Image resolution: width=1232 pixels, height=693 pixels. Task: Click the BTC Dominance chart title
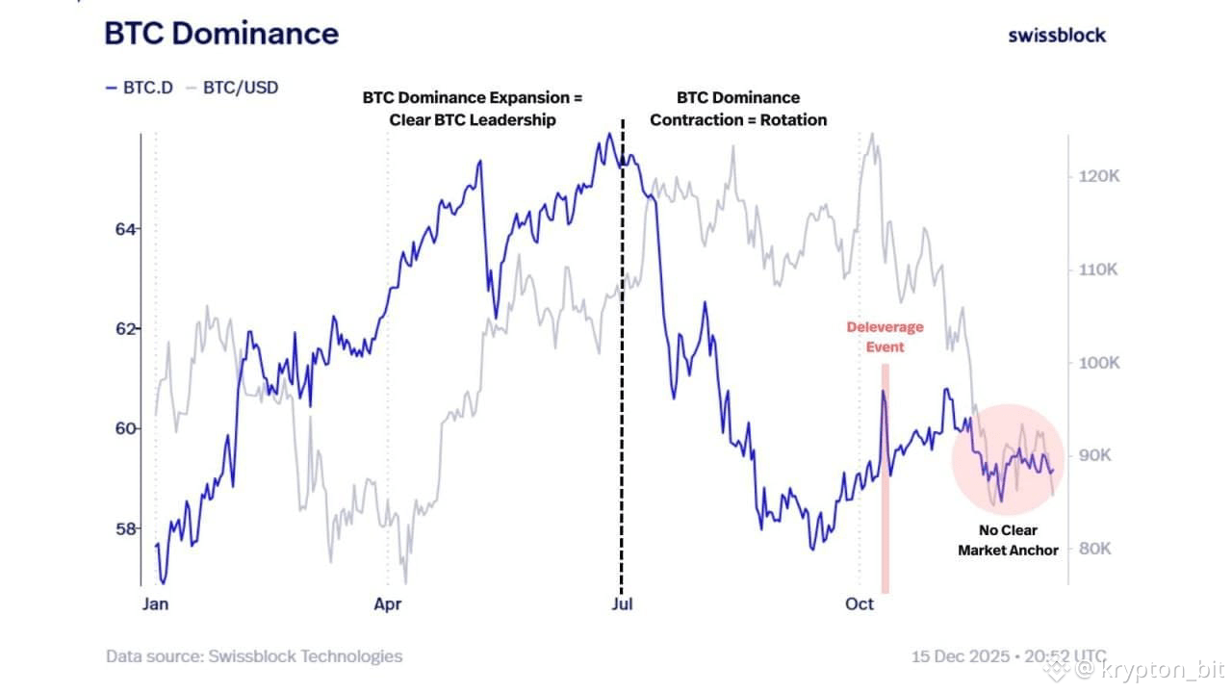221,34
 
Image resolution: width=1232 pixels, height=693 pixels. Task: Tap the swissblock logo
1057,36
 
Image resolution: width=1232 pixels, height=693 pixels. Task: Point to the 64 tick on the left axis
126,229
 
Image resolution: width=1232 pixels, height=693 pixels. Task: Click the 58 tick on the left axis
126,528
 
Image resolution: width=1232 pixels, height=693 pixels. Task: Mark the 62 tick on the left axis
126,329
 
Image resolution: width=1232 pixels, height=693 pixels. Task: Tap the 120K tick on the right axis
1096,177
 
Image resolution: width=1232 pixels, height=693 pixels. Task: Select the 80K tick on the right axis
1094,549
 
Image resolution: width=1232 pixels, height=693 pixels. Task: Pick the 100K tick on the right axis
1096,363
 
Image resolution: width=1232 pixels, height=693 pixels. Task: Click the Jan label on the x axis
156,604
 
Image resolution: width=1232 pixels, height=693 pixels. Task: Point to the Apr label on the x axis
388,604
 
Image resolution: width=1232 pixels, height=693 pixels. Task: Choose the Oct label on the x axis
860,604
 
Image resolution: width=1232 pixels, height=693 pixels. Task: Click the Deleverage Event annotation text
885,337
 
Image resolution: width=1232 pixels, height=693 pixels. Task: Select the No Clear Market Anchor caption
1008,541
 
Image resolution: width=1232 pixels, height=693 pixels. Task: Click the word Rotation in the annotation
793,120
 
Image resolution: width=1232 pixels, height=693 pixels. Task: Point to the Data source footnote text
254,656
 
